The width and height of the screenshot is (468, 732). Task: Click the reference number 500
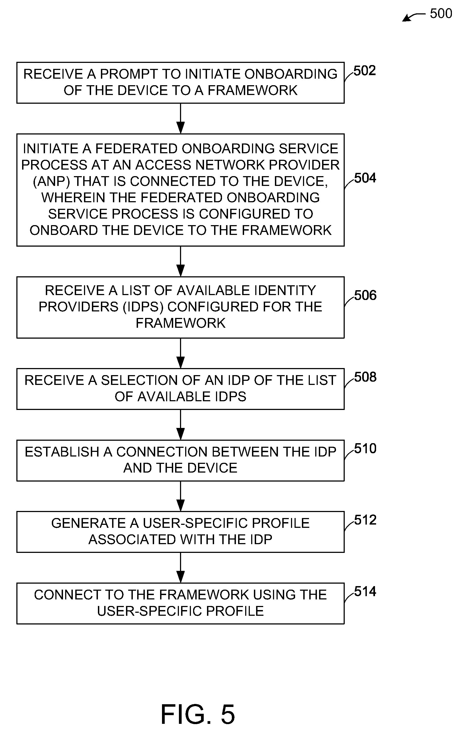click(441, 14)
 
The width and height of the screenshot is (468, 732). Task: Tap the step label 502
click(365, 71)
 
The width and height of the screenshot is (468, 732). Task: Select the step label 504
click(365, 178)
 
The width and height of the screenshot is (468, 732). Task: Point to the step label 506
click(365, 295)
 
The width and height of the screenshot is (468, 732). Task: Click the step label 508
click(365, 377)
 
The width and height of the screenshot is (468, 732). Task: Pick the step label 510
click(365, 449)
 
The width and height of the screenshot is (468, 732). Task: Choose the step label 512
click(365, 520)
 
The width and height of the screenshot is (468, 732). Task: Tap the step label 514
click(365, 592)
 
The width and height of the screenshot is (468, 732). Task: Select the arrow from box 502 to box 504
click(181, 119)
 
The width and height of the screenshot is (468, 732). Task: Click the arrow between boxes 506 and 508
click(181, 353)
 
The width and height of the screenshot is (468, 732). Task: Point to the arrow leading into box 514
click(181, 568)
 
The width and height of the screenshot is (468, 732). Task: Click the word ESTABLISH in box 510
click(62, 452)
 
